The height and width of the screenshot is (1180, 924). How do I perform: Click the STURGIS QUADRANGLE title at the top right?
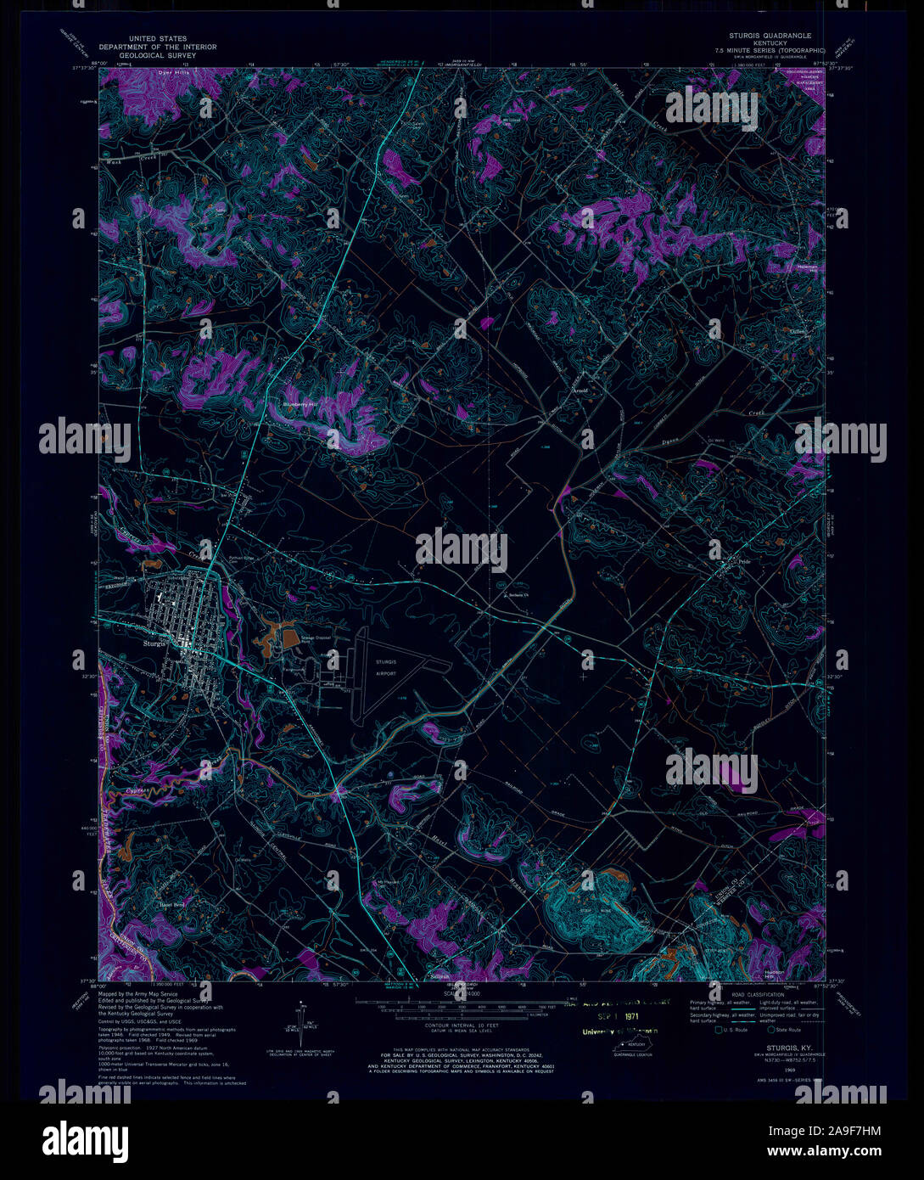[770, 36]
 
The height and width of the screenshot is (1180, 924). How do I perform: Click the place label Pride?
[745, 562]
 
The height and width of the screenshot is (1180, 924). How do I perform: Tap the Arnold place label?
[580, 391]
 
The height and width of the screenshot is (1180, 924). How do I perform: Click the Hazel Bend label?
[172, 905]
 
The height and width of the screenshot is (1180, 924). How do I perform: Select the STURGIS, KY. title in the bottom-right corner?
[781, 1048]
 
